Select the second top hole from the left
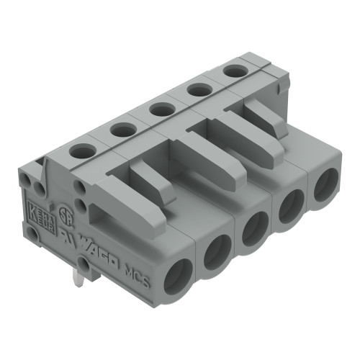(x=123, y=130)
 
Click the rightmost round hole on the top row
(x=233, y=71)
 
